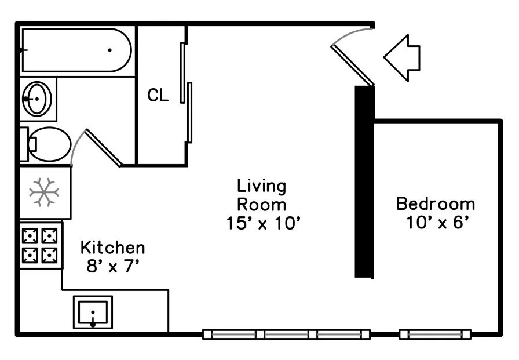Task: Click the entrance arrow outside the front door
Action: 401,57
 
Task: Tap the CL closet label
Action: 158,95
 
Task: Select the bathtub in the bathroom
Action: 76,50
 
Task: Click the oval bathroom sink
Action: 37,99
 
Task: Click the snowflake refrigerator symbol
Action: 44,192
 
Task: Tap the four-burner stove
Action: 41,245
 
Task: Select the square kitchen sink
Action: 93,312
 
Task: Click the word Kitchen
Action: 113,248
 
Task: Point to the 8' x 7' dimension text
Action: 113,266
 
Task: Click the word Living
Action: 261,186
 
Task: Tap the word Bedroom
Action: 436,203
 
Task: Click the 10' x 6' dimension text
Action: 438,222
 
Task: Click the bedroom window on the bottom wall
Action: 435,334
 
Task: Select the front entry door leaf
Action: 353,66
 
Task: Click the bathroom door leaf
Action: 104,148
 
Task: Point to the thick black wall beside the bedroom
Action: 364,181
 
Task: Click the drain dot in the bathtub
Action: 109,50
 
